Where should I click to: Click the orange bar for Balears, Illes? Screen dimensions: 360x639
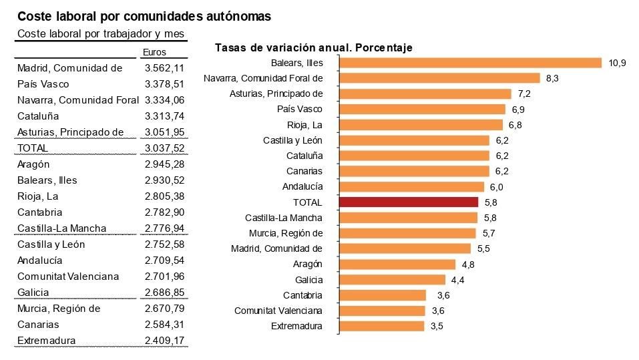coord(471,63)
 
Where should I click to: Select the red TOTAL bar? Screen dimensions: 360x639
coord(409,202)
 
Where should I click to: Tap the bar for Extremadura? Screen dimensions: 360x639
coord(382,326)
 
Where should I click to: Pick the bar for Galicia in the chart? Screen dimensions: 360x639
coord(393,280)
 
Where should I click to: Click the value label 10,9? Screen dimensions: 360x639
coord(617,63)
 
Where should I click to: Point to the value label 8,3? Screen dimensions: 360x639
coord(552,78)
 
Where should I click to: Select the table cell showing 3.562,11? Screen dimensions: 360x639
coord(164,68)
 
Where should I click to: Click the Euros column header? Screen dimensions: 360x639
coord(154,52)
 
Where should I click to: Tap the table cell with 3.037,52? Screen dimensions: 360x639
coord(164,148)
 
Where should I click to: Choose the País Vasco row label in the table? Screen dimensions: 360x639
coord(43,84)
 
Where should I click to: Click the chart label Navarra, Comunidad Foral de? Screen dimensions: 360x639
coord(263,78)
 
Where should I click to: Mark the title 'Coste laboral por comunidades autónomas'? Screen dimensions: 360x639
coord(144,17)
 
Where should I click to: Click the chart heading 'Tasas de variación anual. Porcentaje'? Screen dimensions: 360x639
coord(314,47)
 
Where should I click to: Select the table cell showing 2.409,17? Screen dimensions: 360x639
coord(164,341)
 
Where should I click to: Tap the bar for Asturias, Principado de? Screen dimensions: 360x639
coord(425,94)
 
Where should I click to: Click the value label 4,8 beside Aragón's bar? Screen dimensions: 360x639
coord(467,264)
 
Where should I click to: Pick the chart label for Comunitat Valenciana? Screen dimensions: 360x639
coord(278,311)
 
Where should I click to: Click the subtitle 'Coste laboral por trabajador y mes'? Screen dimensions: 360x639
coord(100,33)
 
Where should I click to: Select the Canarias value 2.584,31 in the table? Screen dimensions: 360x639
coord(164,325)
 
